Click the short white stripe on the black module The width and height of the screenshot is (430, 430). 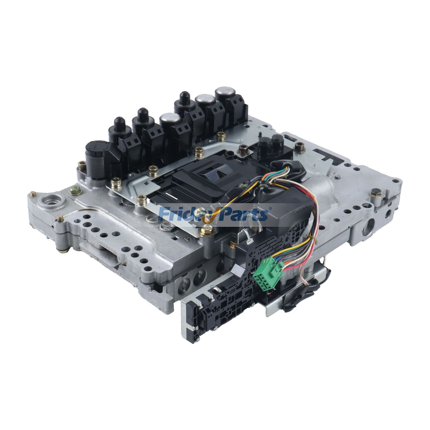pos(170,194)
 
